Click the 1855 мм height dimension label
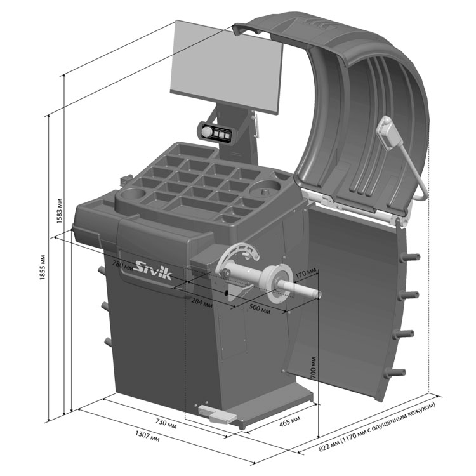point(43,267)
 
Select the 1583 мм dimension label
point(59,211)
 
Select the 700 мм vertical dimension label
point(314,368)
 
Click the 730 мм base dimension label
point(166,423)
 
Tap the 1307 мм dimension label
point(147,437)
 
